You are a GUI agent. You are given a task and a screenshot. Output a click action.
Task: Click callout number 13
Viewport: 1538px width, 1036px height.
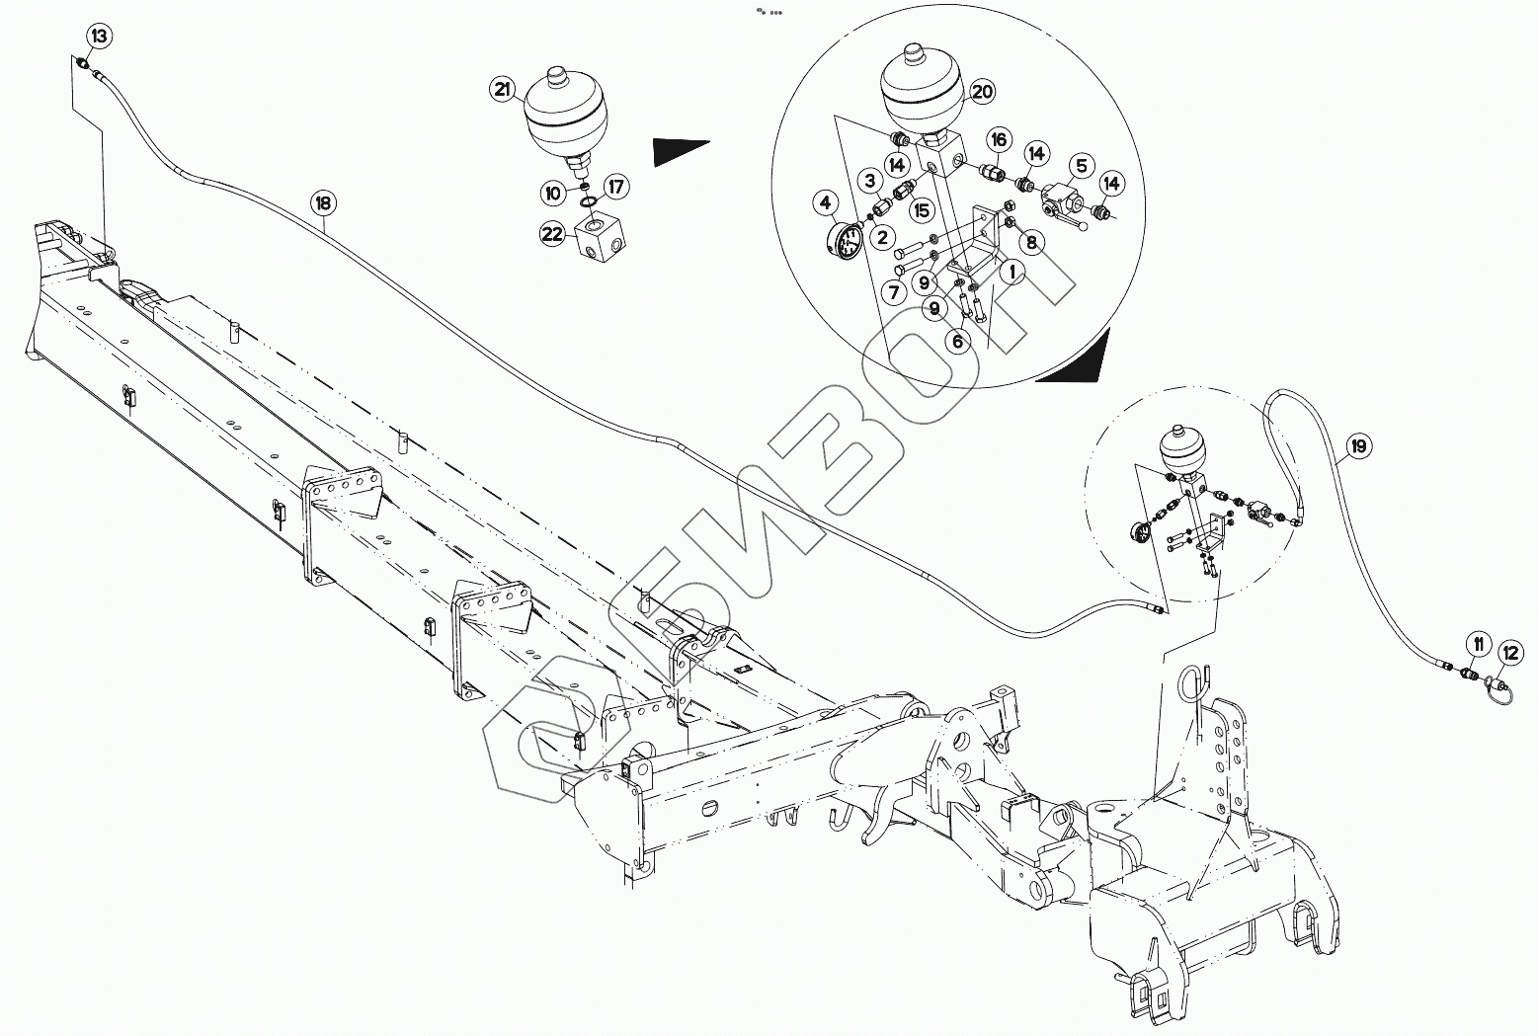[100, 38]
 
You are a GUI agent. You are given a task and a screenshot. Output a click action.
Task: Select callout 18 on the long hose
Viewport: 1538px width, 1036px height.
[324, 204]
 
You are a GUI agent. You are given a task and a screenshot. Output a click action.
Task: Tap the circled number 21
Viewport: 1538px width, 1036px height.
[503, 90]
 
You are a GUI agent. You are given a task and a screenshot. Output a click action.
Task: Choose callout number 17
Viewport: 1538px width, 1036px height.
[615, 185]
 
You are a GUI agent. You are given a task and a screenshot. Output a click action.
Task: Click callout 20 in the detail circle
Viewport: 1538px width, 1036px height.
[981, 93]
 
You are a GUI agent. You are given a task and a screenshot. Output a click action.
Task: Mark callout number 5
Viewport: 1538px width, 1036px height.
[1081, 165]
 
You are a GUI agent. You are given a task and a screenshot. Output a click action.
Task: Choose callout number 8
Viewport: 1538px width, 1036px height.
[1030, 241]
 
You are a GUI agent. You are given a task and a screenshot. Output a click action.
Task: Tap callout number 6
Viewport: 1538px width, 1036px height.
[956, 342]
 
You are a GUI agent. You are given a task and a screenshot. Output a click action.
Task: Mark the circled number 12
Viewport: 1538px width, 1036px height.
[1509, 652]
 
